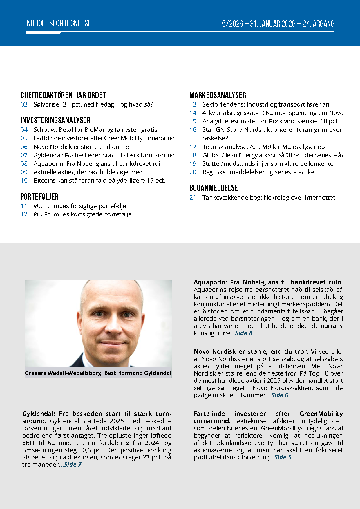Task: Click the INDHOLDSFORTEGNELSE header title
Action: click(x=58, y=23)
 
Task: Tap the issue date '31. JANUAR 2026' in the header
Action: click(x=273, y=24)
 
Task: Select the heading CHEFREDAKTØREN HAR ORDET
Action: click(x=63, y=95)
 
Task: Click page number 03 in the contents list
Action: click(x=24, y=104)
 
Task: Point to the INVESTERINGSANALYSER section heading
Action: click(x=55, y=120)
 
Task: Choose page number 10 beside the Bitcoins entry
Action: click(x=24, y=181)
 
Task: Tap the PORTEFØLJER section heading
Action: click(x=39, y=197)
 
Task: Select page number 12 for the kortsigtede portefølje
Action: click(x=24, y=214)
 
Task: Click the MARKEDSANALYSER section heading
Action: click(x=218, y=95)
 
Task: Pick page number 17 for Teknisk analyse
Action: click(x=193, y=147)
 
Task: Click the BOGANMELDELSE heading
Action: click(x=214, y=188)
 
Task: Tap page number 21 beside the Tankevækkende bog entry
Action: click(x=193, y=198)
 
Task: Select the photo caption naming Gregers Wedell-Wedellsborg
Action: click(x=98, y=373)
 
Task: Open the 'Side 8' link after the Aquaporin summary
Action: click(x=244, y=333)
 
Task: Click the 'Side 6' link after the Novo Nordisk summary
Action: click(x=280, y=395)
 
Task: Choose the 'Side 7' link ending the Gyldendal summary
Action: click(x=73, y=465)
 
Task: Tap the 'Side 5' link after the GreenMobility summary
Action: click(x=283, y=457)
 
